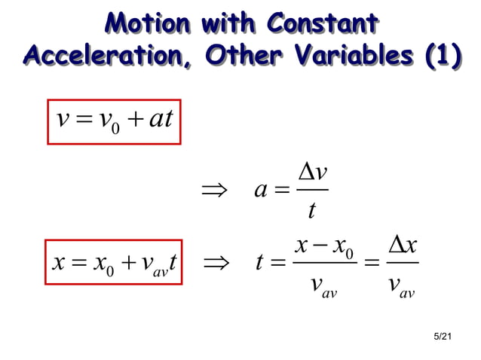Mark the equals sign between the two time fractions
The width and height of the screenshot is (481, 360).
(x=369, y=264)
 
